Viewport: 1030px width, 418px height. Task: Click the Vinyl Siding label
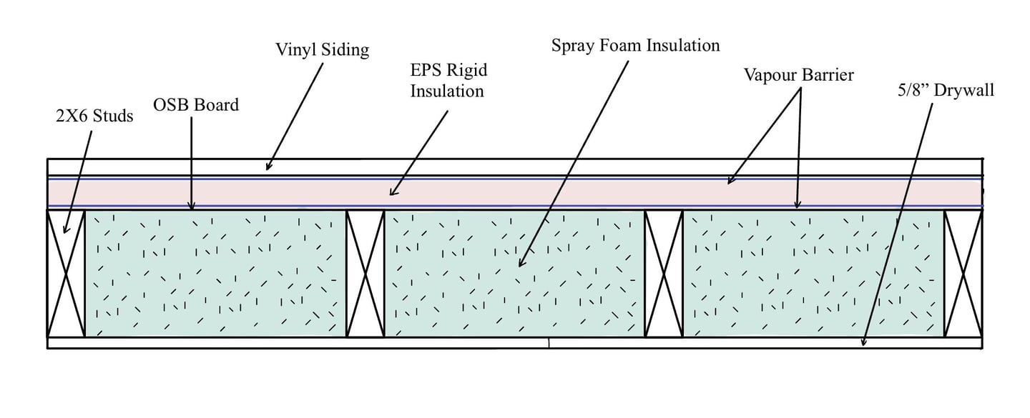(322, 50)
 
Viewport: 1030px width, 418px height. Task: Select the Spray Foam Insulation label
(635, 46)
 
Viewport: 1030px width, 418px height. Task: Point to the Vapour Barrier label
(798, 74)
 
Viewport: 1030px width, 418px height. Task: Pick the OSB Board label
(196, 106)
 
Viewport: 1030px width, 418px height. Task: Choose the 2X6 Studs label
(94, 116)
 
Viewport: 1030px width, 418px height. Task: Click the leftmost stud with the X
(66, 273)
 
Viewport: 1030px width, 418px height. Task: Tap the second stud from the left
(366, 273)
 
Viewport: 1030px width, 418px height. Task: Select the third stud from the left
(664, 273)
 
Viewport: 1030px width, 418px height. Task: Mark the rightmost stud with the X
(963, 273)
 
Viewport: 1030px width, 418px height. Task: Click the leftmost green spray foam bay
(215, 273)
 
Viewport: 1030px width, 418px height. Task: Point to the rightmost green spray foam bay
(813, 273)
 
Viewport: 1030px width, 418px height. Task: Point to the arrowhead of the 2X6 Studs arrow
(65, 232)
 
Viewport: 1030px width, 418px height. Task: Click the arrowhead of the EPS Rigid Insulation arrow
(391, 194)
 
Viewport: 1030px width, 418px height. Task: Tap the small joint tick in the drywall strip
(549, 344)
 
